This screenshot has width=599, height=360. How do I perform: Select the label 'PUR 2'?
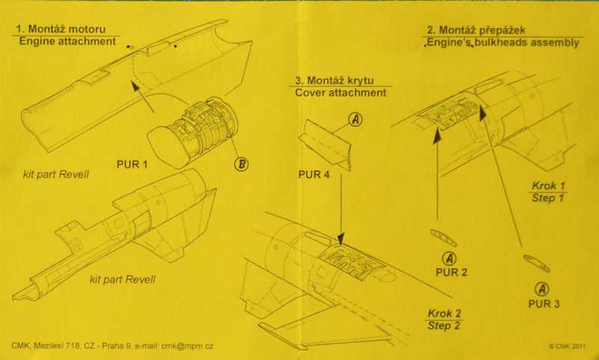coord(451,272)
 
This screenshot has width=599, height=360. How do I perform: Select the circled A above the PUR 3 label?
coord(541,289)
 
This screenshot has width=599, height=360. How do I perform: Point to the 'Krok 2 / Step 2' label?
coord(445,319)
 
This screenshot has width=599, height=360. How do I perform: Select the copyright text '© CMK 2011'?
coord(571,347)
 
